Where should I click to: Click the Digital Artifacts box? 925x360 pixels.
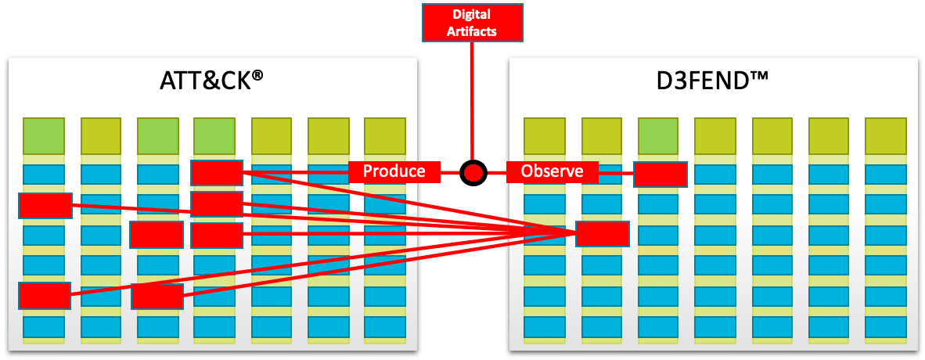point(473,23)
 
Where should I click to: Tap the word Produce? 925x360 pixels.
point(394,171)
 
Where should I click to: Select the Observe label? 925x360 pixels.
point(552,171)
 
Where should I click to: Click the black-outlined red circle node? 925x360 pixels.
point(473,172)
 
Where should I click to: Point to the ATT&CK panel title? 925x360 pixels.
point(211,81)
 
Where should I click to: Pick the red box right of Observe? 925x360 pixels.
point(660,174)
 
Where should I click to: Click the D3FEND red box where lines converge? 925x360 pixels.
point(603,234)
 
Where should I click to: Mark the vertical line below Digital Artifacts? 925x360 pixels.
point(473,101)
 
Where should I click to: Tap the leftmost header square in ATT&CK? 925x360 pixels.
point(44,135)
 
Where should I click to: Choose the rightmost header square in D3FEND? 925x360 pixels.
point(886,135)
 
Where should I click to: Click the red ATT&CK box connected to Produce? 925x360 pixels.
point(217,172)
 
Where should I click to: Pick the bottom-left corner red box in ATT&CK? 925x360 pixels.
point(45,295)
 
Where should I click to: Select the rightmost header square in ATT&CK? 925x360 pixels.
point(384,135)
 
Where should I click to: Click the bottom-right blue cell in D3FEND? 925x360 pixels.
point(886,326)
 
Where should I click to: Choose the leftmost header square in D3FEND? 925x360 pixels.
point(545,135)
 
